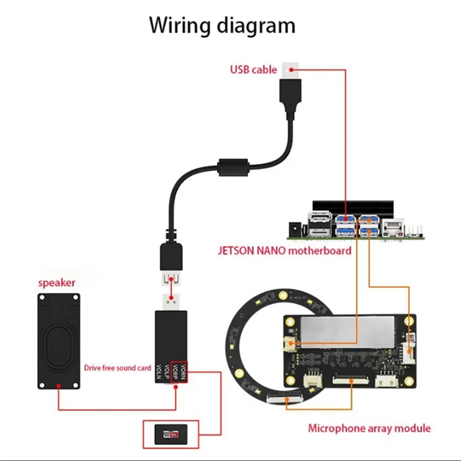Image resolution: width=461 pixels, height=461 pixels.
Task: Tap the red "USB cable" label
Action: (x=253, y=70)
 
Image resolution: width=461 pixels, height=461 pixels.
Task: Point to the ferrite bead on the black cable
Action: (x=233, y=168)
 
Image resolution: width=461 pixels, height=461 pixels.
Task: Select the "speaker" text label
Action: (x=56, y=283)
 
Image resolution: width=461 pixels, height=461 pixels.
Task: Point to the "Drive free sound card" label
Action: (x=118, y=367)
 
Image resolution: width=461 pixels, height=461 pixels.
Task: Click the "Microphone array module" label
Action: (x=369, y=428)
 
